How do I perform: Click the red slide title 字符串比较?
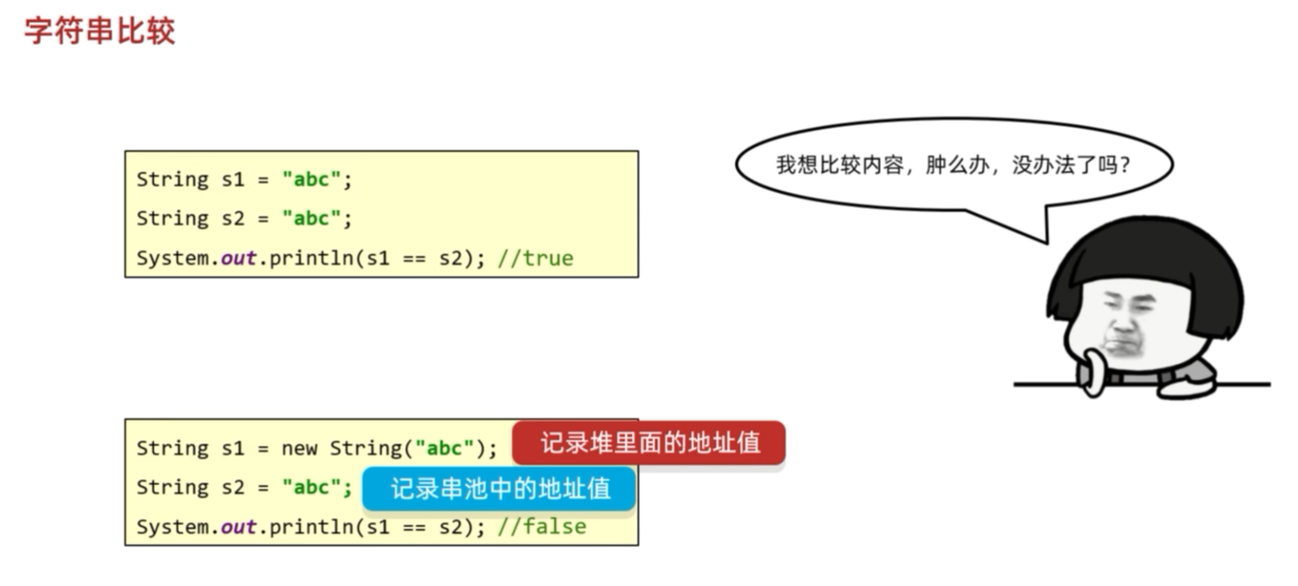click(x=99, y=32)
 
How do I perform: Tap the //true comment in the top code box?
click(x=535, y=258)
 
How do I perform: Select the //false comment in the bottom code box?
click(x=541, y=527)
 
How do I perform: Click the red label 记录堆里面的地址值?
click(x=649, y=443)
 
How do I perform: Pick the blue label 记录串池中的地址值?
click(x=499, y=489)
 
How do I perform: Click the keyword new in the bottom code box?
click(x=299, y=448)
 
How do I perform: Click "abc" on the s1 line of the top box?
click(x=311, y=180)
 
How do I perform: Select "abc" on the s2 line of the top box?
click(x=311, y=219)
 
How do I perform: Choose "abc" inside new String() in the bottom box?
click(x=444, y=448)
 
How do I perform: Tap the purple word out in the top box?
click(x=238, y=258)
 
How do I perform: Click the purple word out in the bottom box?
click(x=238, y=527)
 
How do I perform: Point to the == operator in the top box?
click(x=414, y=258)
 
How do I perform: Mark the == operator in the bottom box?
click(x=414, y=527)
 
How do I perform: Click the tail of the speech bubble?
click(x=1031, y=226)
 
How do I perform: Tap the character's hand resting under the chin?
click(x=1091, y=372)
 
